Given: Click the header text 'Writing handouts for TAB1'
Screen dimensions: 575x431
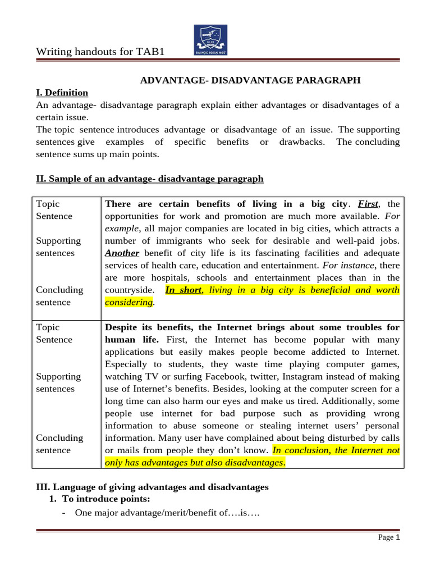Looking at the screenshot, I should coord(101,52).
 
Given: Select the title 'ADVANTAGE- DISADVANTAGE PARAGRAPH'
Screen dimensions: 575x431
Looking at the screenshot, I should coord(250,80).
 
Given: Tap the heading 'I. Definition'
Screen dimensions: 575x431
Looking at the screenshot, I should coord(62,93).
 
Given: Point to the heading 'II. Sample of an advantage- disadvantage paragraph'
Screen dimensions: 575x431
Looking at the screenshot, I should coord(150,179).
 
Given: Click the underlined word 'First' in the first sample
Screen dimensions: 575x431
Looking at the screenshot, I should coord(368,204).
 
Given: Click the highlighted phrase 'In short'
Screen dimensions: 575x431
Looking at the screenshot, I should coord(184,290).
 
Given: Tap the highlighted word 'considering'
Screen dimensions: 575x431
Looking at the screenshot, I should coord(129,302).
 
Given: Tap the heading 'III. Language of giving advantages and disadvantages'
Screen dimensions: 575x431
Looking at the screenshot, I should coord(153,487).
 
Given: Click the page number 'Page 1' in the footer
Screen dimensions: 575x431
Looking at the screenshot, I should coord(388,537).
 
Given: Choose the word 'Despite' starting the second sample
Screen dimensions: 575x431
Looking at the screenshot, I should coord(122,327).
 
